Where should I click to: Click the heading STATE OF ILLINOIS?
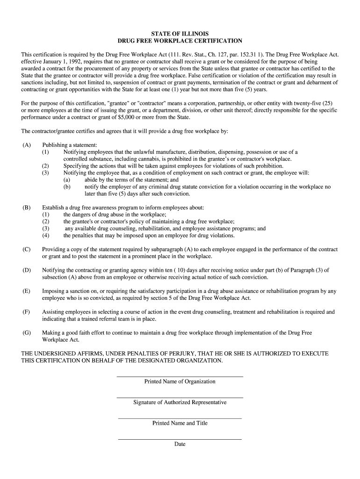180,34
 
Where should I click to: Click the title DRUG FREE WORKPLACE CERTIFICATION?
180,41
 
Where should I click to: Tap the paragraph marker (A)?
26,145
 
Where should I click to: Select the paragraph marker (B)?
26,207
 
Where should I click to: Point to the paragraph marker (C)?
26,249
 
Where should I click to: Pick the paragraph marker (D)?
26,270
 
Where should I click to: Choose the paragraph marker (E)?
26,291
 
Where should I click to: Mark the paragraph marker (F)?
26,312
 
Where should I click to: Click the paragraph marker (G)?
26,333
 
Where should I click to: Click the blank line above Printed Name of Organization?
180,376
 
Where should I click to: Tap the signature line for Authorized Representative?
180,397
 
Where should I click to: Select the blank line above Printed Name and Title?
180,418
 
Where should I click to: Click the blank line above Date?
180,439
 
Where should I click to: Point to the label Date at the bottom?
180,444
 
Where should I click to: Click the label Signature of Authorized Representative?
180,402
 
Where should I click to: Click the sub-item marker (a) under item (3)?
67,180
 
